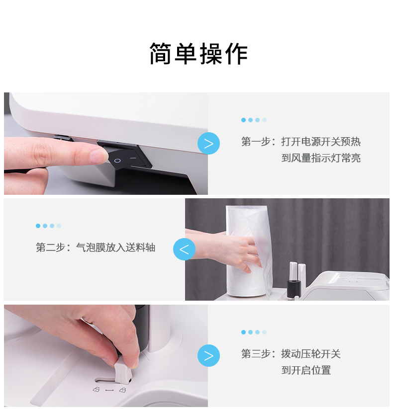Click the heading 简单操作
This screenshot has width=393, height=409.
coord(198,54)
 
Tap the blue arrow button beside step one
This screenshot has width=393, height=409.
coord(208,144)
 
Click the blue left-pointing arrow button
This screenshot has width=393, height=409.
coord(184,249)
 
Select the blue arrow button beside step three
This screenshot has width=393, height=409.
coord(208,355)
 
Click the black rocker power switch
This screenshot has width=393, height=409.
coord(125,155)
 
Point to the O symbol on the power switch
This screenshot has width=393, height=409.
coord(117,161)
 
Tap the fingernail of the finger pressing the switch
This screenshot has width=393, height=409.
coord(98,156)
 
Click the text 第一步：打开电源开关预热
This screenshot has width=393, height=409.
coord(301,142)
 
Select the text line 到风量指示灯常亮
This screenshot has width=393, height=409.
coord(321,158)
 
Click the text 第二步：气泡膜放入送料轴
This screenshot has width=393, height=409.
coord(96,247)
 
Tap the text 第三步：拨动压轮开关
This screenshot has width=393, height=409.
coord(291,354)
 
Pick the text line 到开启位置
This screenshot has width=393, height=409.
coord(306,370)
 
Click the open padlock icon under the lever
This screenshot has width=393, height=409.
coord(97,390)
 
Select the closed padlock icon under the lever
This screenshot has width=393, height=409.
coord(122,390)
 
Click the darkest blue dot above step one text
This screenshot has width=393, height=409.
coord(243,120)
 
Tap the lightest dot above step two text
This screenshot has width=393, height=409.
coord(59,226)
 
